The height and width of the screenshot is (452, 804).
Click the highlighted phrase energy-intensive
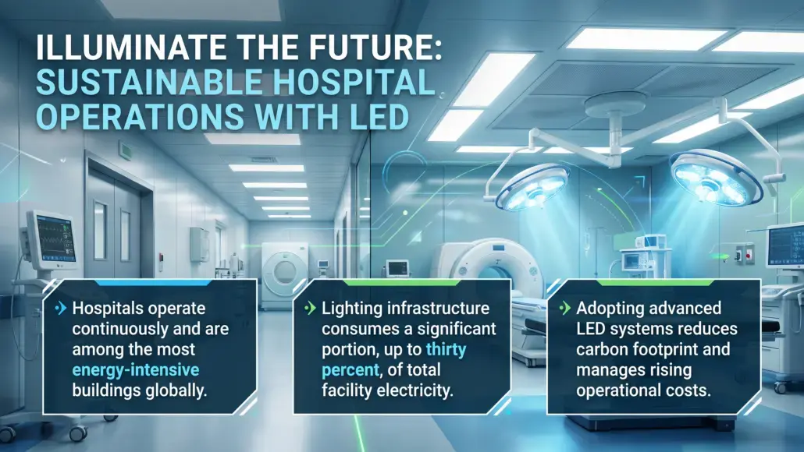[x=136, y=369]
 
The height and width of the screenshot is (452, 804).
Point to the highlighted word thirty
[x=446, y=350]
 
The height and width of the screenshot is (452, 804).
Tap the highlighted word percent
[x=350, y=370]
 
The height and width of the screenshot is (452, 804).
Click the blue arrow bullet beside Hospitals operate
[x=61, y=308]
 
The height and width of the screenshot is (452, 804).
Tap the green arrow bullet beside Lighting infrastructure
[x=310, y=308]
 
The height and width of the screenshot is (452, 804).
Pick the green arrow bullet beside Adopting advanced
[x=564, y=308]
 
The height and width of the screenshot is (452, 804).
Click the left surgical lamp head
[x=534, y=187]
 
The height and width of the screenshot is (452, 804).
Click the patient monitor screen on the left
[x=56, y=238]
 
